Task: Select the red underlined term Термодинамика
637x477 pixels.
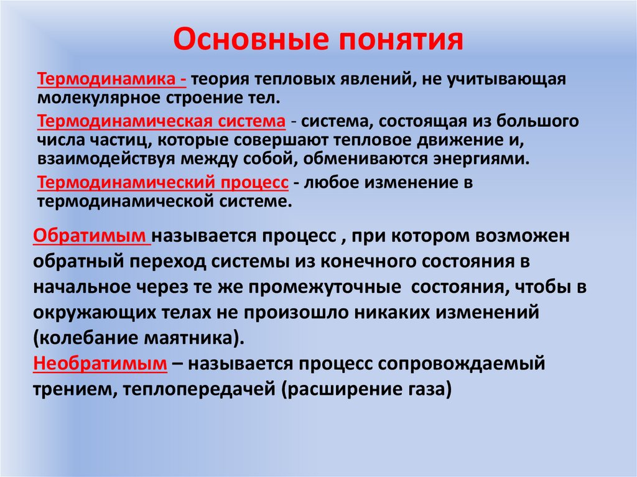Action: click(x=109, y=80)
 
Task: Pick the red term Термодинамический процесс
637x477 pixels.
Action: click(x=162, y=184)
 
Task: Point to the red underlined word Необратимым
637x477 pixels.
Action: click(x=100, y=363)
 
